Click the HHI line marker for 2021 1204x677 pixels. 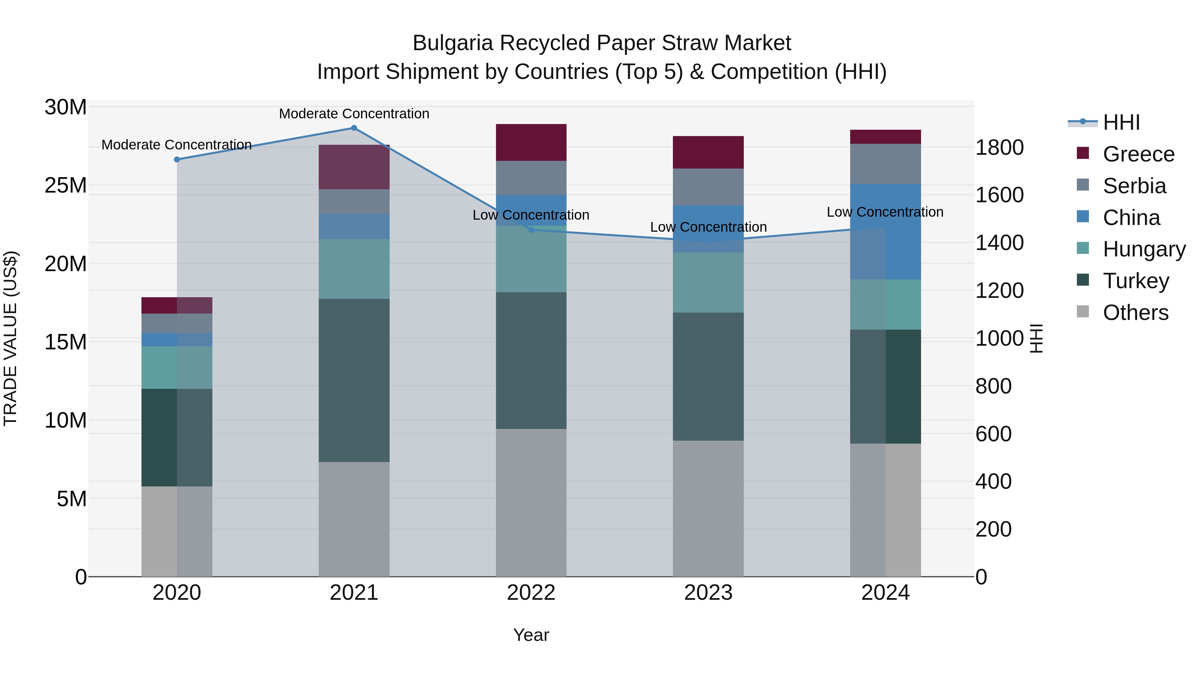click(x=354, y=128)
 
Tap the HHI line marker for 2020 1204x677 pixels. click(x=177, y=159)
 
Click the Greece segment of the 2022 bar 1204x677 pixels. click(x=531, y=142)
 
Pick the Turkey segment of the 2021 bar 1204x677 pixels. click(x=354, y=380)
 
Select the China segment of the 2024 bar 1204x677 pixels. click(x=885, y=231)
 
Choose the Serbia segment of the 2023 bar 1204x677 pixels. click(x=708, y=187)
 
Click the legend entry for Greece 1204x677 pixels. click(x=1138, y=154)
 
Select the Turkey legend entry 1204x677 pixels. click(x=1136, y=281)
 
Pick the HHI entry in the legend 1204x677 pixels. click(x=1121, y=122)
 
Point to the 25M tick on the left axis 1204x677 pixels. click(x=66, y=186)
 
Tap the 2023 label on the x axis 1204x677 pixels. click(x=708, y=593)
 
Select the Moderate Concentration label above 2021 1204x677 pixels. click(x=354, y=114)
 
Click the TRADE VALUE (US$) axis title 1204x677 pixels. click(x=10, y=338)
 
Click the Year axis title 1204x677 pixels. click(x=531, y=635)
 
